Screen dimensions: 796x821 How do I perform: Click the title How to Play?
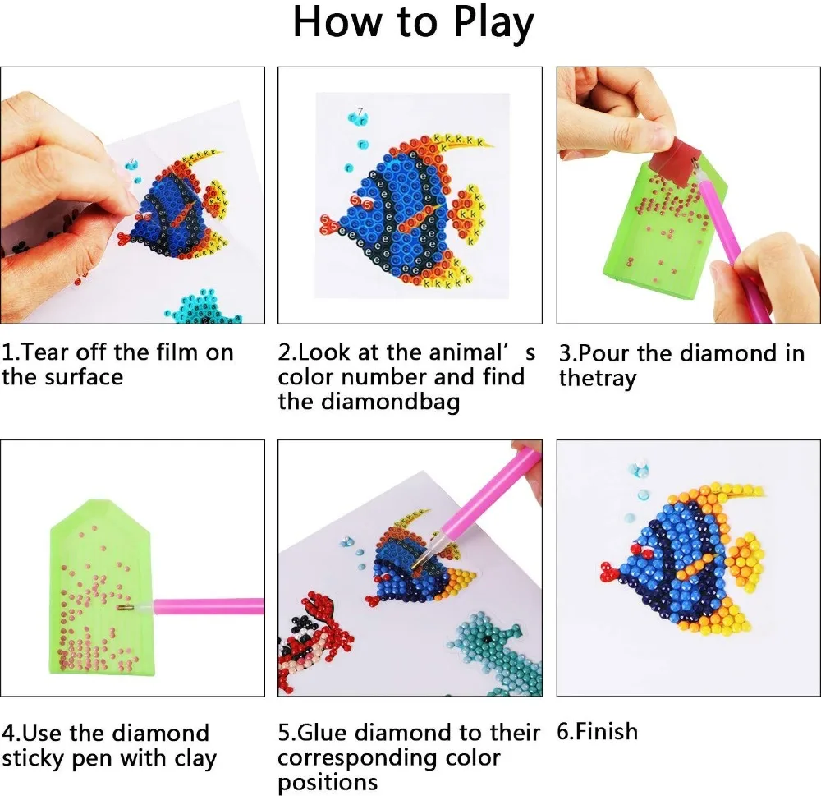(413, 24)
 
